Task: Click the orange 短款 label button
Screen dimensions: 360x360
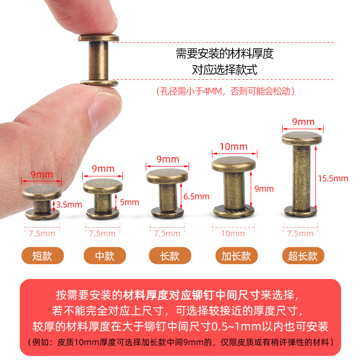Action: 43,256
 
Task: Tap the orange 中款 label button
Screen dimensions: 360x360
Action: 105,256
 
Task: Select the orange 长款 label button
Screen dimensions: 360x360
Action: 170,256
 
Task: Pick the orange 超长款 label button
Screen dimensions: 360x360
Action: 303,256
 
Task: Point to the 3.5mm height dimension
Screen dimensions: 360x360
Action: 71,204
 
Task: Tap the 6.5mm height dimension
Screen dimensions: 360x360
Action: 197,196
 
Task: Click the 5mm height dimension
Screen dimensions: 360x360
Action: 130,202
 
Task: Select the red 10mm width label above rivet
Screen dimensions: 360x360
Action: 234,147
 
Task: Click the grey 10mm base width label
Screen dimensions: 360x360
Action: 234,233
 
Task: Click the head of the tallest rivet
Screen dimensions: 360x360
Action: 302,138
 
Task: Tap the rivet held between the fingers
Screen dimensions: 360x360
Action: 99,60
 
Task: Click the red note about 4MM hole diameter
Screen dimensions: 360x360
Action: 225,91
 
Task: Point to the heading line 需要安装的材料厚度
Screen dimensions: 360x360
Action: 225,54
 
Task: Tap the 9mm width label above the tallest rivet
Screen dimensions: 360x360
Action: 303,122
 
